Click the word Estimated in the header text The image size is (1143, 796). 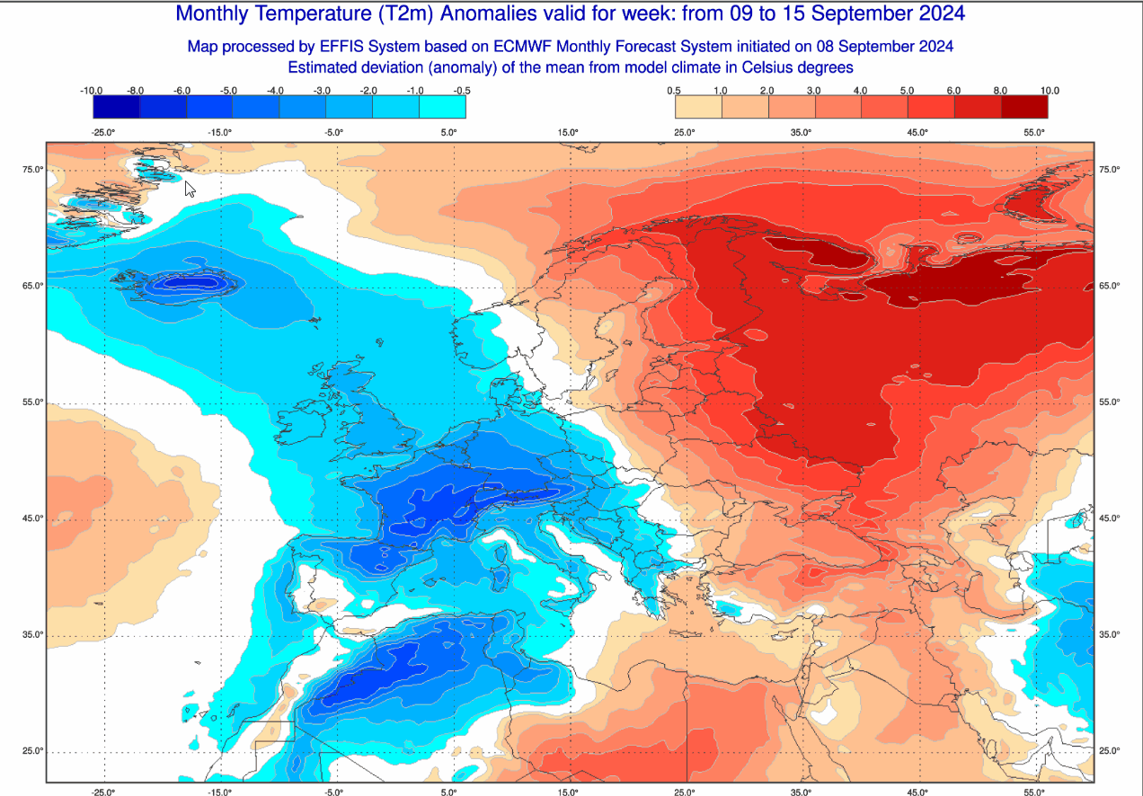click(x=322, y=67)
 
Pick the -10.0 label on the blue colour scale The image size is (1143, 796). click(x=92, y=91)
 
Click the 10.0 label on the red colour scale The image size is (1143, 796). click(x=1049, y=91)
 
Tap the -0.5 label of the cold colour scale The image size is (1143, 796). click(x=462, y=91)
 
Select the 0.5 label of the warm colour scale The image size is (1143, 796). click(x=673, y=91)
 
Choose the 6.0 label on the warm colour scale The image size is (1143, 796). click(x=954, y=91)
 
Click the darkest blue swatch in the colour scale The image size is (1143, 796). click(x=116, y=107)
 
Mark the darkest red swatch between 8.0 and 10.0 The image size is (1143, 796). click(x=1024, y=107)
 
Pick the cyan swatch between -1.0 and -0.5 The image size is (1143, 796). click(x=442, y=107)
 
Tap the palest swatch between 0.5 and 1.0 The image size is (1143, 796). click(x=697, y=107)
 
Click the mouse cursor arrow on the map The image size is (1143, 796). click(x=190, y=189)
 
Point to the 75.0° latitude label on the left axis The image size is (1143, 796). click(x=34, y=170)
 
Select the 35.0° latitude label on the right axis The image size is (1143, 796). click(x=1110, y=635)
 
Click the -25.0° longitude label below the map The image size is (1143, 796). click(x=104, y=792)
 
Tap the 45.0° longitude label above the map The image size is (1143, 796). click(x=917, y=133)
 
